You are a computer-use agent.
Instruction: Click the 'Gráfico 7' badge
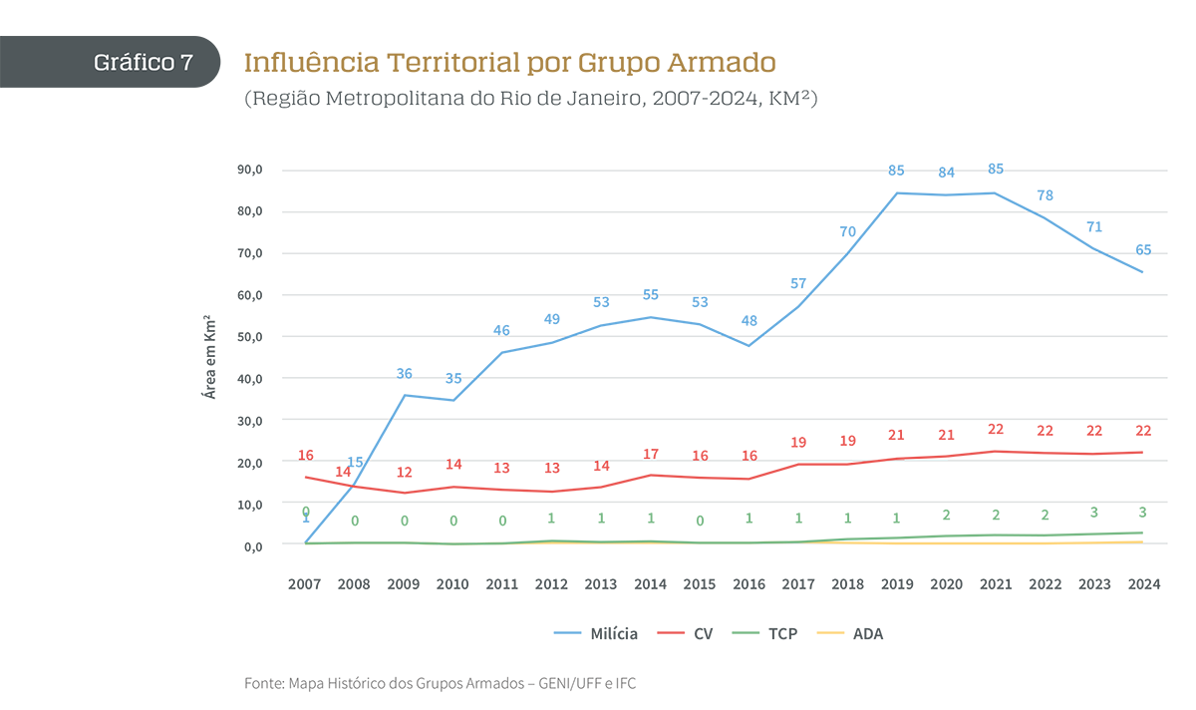click(x=144, y=62)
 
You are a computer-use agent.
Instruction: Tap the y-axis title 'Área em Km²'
click(x=210, y=356)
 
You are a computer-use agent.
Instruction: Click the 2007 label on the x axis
click(x=305, y=585)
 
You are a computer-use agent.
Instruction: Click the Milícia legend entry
click(x=596, y=633)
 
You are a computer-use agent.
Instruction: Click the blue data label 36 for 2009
click(x=404, y=374)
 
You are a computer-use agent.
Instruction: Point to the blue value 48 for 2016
click(x=748, y=321)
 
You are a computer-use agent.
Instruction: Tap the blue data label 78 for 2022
click(x=1044, y=195)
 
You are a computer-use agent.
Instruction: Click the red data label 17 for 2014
click(x=650, y=455)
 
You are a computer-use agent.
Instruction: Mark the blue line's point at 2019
click(x=896, y=193)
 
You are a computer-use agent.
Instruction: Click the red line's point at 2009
click(x=404, y=493)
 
